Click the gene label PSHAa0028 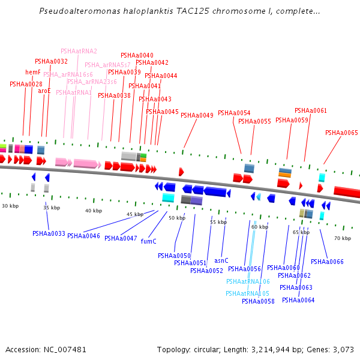click(26, 85)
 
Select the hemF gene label click(33, 73)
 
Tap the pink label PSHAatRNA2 click(79, 52)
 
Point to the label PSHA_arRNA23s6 click(92, 82)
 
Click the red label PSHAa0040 click(137, 56)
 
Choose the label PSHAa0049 click(197, 116)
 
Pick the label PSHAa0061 click(311, 111)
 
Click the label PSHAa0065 click(341, 133)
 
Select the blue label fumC click(148, 242)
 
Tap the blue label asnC click(221, 261)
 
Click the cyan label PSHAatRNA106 click(248, 282)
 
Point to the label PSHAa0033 click(49, 234)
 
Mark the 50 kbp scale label click(177, 218)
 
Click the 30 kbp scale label click(10, 206)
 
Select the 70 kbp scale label click(342, 239)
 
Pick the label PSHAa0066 click(327, 262)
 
